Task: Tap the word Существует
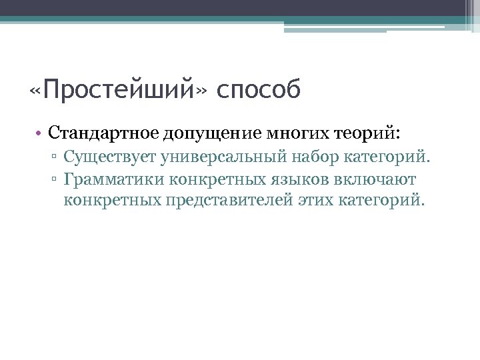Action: (108, 159)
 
